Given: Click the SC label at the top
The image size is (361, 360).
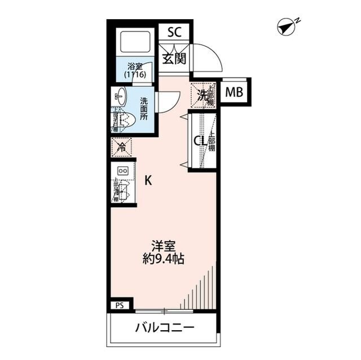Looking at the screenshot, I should click(174, 33).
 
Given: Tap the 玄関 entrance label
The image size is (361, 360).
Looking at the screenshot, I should click(174, 58).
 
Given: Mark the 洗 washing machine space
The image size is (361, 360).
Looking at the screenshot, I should click(201, 94).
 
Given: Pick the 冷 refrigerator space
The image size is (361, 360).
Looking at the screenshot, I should click(121, 148).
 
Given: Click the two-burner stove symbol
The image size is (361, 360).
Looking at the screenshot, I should click(122, 171).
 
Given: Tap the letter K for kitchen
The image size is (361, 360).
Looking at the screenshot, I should click(148, 181).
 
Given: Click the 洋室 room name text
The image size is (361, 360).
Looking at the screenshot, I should click(164, 246).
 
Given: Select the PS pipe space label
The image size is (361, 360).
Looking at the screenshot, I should click(119, 306).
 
